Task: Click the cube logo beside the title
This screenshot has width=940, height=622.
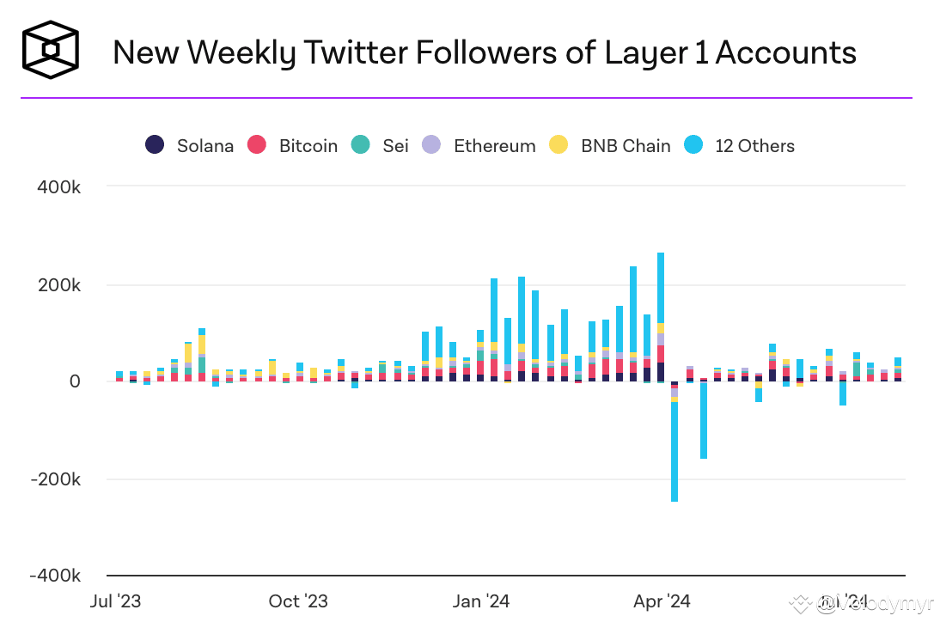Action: (x=51, y=50)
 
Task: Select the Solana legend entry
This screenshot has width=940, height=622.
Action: (x=190, y=145)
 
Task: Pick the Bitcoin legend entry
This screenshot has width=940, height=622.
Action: (x=293, y=145)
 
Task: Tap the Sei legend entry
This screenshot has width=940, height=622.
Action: (x=381, y=145)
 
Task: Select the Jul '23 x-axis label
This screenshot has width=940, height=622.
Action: (x=115, y=601)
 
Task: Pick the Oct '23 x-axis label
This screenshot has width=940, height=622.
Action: (x=298, y=601)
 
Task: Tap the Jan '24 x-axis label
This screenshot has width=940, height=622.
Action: (x=481, y=601)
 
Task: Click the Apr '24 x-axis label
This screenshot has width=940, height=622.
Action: (x=662, y=601)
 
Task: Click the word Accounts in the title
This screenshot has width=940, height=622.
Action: (x=786, y=52)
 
